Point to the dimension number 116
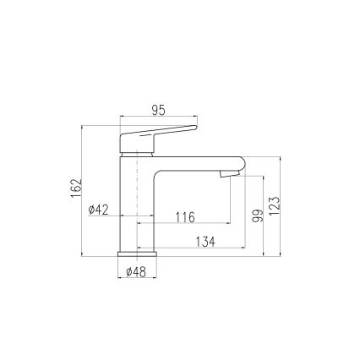tap(184, 217)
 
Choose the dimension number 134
tap(205, 242)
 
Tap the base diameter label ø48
tap(136, 272)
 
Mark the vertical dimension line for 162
tap(83, 189)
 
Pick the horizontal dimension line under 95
tap(159, 117)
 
